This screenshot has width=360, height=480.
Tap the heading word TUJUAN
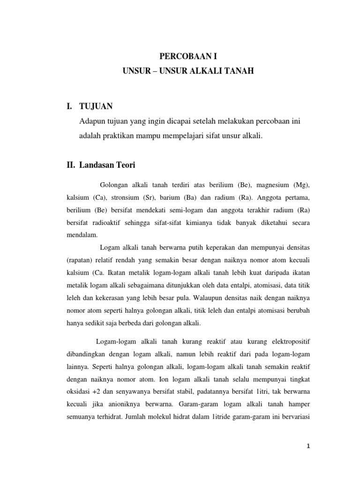pyautogui.click(x=96, y=107)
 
